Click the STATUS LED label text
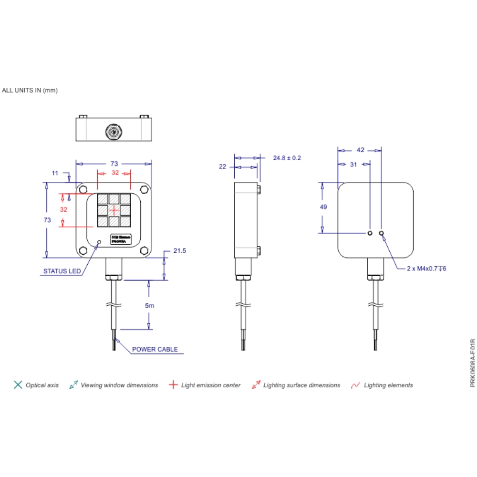click(62, 271)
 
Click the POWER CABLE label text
click(155, 349)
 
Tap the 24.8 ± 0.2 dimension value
click(287, 157)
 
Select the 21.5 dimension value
click(179, 250)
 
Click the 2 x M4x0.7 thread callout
click(426, 269)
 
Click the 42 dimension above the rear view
click(360, 150)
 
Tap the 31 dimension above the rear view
click(353, 164)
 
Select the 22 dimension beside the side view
click(222, 166)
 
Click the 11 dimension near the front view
click(55, 173)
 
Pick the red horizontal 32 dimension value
click(115, 173)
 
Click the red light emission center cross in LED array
click(114, 210)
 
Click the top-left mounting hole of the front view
click(83, 189)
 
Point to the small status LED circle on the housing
click(99, 242)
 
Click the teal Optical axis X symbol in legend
click(18, 385)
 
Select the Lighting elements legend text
click(388, 385)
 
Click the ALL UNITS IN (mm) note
click(30, 90)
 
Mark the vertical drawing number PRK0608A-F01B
click(472, 363)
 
